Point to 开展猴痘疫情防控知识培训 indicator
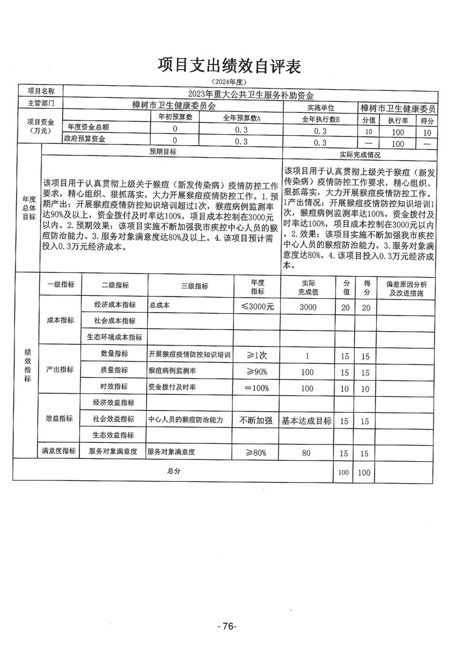pos(190,355)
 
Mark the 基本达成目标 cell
pos(307,421)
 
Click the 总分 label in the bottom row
pos(174,471)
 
